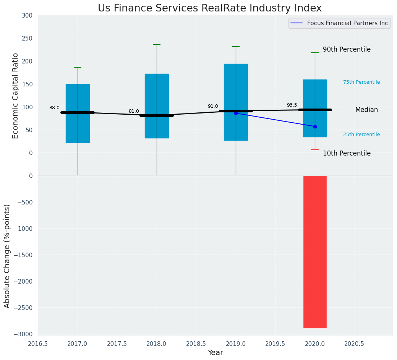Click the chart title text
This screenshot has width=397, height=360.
[210, 8]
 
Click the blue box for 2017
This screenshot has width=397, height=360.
[78, 92]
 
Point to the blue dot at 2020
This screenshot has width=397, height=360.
[315, 126]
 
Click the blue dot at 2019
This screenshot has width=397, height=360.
[236, 113]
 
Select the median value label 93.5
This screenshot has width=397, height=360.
[292, 105]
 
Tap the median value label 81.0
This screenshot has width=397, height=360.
[134, 111]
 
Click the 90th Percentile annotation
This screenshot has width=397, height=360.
[347, 50]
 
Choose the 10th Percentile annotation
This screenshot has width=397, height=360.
[347, 153]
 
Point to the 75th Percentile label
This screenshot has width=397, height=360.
[361, 82]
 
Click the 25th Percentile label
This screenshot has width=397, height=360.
[361, 135]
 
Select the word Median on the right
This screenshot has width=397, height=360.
[366, 110]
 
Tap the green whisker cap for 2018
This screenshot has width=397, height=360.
[157, 44]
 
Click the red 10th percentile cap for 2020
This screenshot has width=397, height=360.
[315, 150]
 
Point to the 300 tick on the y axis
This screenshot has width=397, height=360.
[27, 15]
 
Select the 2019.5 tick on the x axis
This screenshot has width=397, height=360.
[275, 344]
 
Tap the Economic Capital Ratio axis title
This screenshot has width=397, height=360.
[16, 96]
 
